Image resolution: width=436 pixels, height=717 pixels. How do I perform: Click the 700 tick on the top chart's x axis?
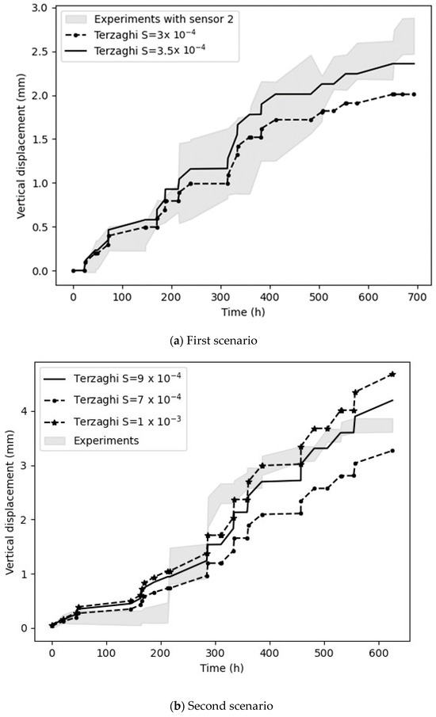pyautogui.click(x=417, y=296)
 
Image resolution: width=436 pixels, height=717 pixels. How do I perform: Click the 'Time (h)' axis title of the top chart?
pyautogui.click(x=243, y=311)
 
